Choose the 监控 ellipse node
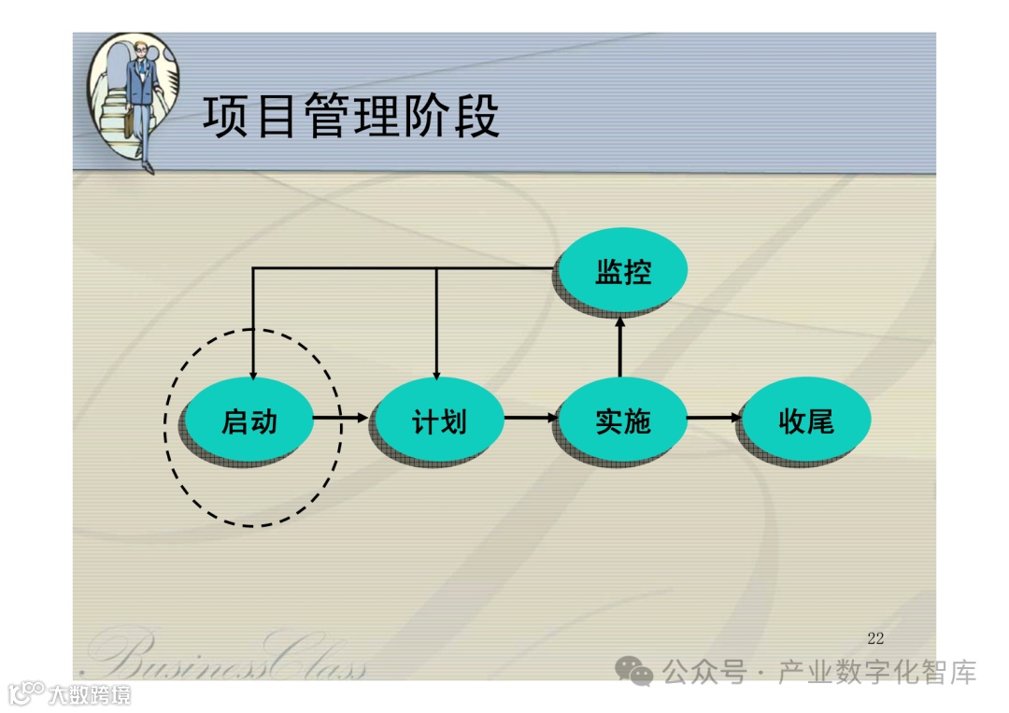pos(622,272)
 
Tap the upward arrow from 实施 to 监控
pos(619,346)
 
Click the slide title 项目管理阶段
pos(350,118)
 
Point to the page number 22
pos(875,638)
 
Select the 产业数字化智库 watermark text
pos(877,672)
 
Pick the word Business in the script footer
pos(178,657)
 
